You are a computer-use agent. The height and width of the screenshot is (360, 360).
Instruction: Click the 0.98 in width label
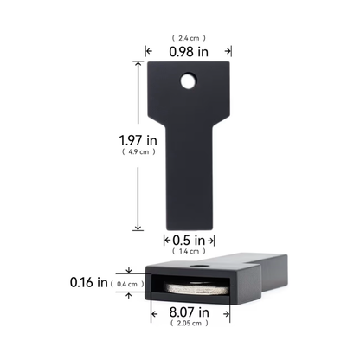(189, 52)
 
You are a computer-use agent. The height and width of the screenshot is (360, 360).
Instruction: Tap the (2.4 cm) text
(189, 38)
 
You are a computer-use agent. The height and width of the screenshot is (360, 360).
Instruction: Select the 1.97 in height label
(138, 140)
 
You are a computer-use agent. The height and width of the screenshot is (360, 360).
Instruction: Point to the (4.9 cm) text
(138, 151)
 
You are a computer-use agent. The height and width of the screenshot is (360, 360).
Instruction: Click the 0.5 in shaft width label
(189, 240)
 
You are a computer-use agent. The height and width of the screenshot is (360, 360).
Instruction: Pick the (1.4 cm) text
(189, 251)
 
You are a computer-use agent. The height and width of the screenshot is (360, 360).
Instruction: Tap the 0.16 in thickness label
(89, 282)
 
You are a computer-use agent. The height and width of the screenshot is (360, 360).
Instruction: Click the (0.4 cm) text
(127, 284)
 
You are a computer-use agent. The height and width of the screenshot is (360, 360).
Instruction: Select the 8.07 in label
(190, 312)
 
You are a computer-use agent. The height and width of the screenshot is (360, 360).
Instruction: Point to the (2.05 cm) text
(190, 323)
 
